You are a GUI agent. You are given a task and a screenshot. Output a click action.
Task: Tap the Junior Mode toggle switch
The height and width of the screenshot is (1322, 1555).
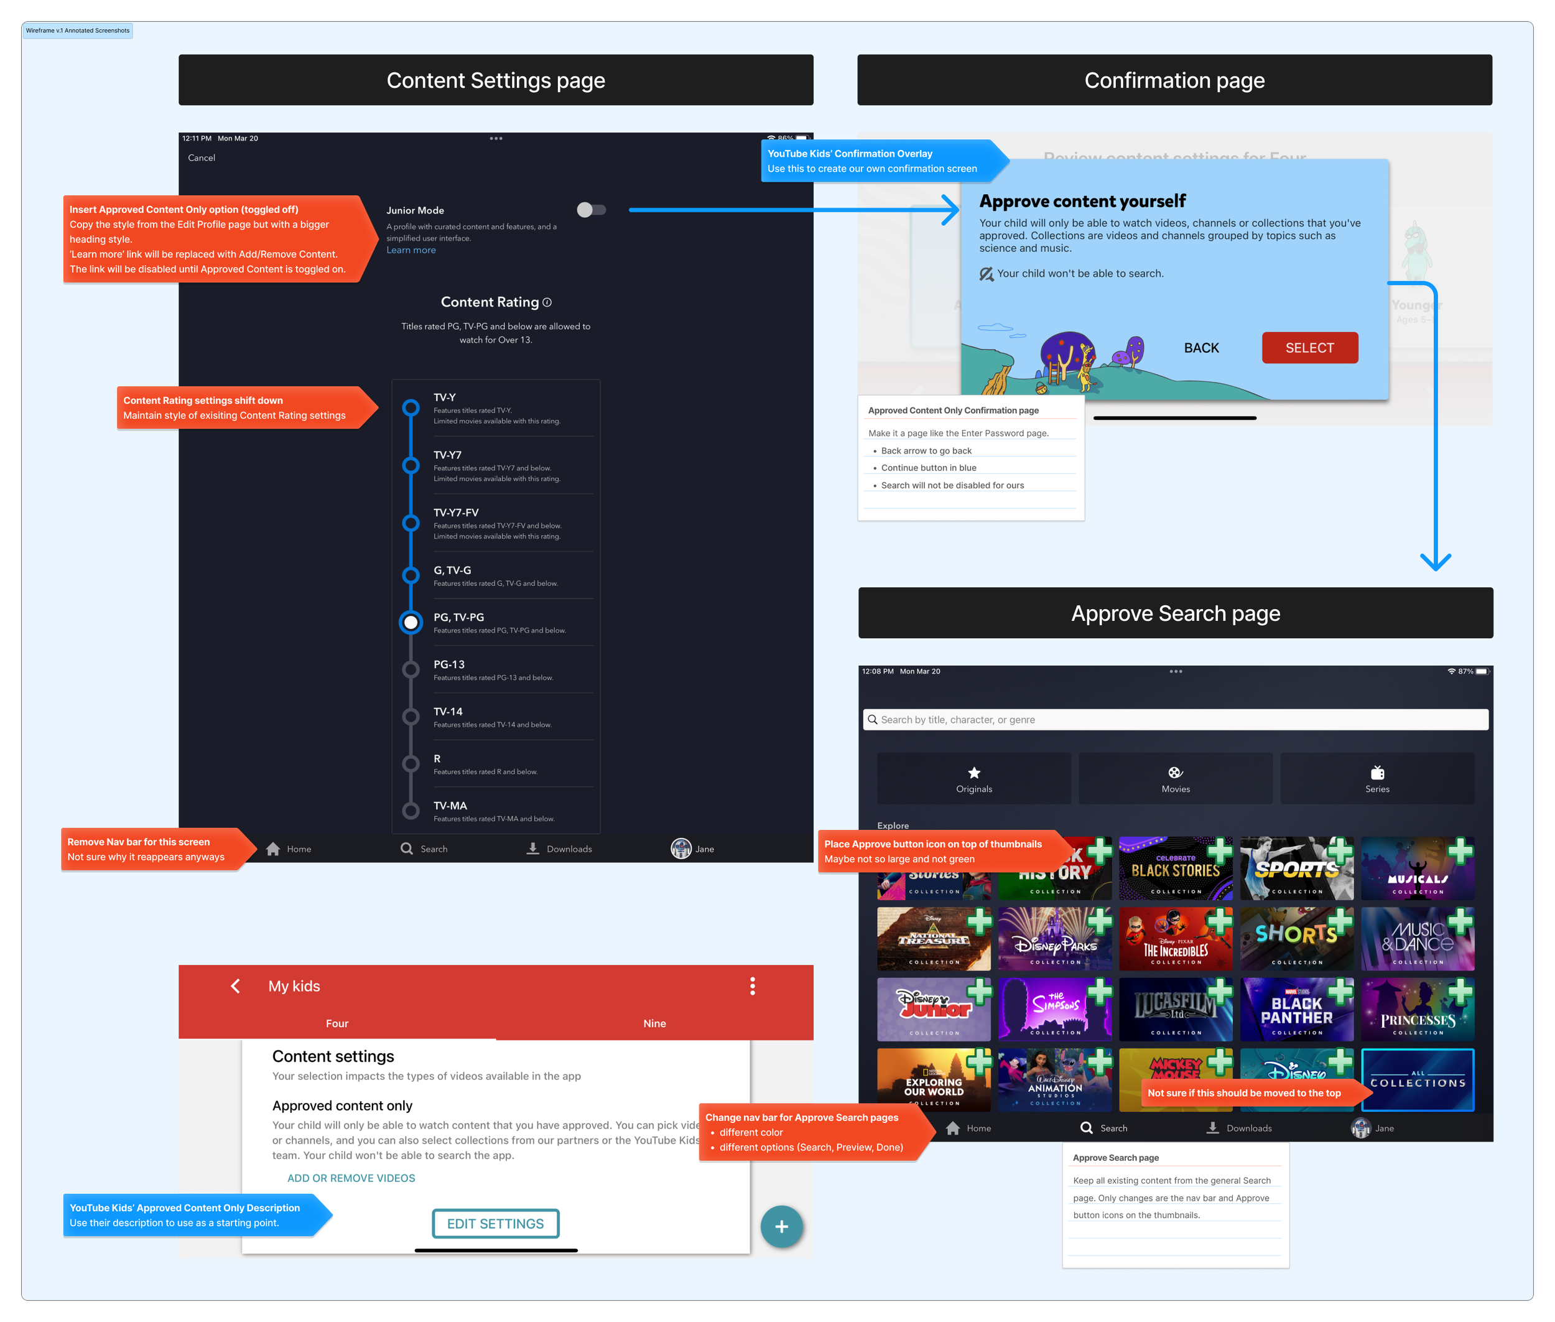(592, 210)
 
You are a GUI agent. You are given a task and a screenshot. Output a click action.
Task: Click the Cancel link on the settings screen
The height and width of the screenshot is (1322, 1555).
(201, 158)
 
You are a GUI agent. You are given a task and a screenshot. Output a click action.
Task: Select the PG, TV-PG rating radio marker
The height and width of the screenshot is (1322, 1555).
(411, 622)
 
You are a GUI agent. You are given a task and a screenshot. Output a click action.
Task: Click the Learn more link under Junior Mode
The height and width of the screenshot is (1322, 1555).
(411, 250)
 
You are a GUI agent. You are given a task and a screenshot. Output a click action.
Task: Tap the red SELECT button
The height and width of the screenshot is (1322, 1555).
(1309, 348)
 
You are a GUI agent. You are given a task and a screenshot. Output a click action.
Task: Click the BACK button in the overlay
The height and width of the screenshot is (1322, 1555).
(1201, 348)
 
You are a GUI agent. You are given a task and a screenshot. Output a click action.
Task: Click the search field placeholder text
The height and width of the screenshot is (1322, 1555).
(958, 719)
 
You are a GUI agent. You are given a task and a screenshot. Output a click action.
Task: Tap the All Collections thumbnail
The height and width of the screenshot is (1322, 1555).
(1417, 1080)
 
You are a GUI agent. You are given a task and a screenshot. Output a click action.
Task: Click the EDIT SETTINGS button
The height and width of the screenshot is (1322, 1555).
(495, 1224)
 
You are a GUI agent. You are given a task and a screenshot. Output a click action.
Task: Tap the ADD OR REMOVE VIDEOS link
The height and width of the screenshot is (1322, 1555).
(351, 1178)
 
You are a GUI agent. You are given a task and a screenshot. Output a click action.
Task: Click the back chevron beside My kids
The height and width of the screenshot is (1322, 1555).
(235, 986)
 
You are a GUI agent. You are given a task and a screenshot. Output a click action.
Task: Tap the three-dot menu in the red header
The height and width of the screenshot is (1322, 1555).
(753, 986)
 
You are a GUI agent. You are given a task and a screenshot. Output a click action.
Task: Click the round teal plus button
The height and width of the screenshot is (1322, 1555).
(781, 1226)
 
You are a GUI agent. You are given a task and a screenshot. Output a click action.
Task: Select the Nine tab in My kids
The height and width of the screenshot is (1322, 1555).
(654, 1024)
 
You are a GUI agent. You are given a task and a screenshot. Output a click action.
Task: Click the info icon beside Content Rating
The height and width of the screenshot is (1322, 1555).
(547, 303)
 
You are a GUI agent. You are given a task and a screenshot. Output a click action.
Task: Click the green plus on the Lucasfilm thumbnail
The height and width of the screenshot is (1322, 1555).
(1220, 992)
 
